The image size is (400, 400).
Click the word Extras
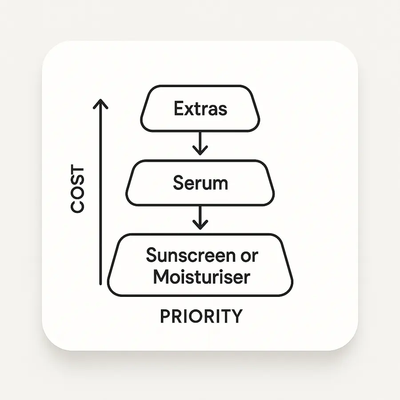pos(200,109)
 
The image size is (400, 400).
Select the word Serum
pos(200,183)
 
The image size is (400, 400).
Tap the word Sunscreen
pos(191,256)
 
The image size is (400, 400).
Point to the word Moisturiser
pos(201,276)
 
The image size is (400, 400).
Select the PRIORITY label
pos(201,316)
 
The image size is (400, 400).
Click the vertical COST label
pos(77,189)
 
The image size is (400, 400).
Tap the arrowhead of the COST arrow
pos(101,103)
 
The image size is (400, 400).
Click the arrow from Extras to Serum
pos(200,143)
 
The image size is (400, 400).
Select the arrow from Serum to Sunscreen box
pos(200,217)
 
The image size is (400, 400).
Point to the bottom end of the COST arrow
pos(101,283)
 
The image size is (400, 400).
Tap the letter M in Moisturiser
pos(160,276)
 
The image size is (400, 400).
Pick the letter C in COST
pos(77,206)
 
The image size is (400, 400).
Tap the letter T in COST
pos(77,172)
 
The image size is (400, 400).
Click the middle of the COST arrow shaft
pos(101,193)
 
